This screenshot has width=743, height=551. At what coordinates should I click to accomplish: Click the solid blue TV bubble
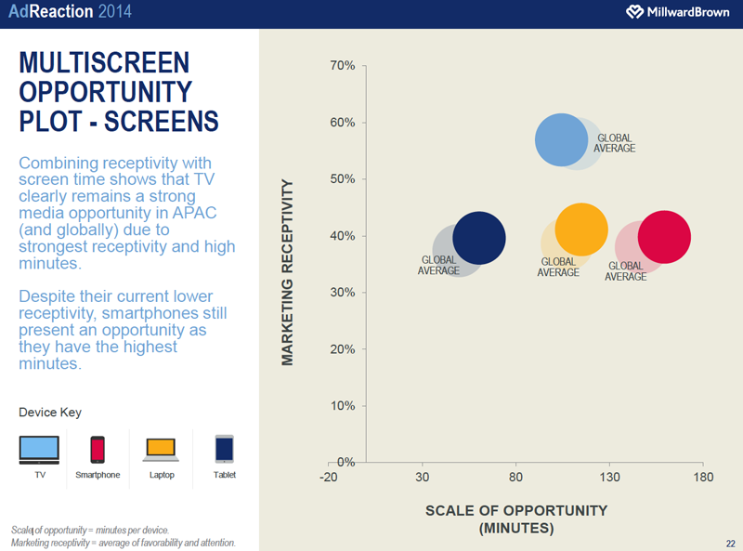(561, 140)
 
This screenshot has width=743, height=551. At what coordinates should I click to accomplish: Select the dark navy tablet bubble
(478, 238)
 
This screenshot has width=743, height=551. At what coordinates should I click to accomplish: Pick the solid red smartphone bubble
(664, 238)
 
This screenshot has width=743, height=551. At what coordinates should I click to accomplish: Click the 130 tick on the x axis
(609, 478)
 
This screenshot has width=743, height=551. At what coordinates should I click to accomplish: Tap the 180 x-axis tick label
(703, 478)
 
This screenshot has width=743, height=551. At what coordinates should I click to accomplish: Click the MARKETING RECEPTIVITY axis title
(288, 271)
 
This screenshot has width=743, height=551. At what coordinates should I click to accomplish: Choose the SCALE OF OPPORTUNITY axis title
(516, 510)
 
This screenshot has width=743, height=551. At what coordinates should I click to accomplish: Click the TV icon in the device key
(40, 450)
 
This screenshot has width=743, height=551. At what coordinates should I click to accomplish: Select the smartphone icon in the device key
(98, 450)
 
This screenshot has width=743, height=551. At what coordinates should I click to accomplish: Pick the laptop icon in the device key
(161, 450)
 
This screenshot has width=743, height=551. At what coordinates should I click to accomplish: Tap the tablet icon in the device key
(224, 450)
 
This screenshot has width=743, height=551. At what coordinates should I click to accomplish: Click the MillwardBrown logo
(678, 12)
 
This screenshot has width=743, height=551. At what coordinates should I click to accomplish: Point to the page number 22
(730, 543)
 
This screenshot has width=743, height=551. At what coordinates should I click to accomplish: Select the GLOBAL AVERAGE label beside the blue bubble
(615, 143)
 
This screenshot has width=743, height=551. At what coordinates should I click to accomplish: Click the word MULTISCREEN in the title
(104, 63)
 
